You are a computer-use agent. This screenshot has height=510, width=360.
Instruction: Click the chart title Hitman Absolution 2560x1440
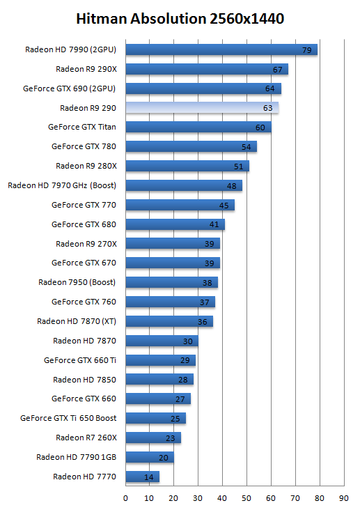pyautogui.click(x=180, y=19)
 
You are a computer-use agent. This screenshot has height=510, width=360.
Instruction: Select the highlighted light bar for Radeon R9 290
pyautogui.click(x=202, y=108)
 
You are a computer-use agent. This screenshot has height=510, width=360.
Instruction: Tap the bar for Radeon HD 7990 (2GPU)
pyautogui.click(x=221, y=49)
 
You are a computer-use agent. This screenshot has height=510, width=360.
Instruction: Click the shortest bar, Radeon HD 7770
pyautogui.click(x=143, y=477)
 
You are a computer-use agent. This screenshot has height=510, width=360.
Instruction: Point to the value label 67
pyautogui.click(x=277, y=70)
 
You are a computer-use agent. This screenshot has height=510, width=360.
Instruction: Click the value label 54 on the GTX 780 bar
pyautogui.click(x=246, y=147)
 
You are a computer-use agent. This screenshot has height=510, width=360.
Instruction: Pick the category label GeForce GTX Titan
pyautogui.click(x=82, y=127)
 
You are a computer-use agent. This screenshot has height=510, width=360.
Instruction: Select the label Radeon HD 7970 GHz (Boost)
pyautogui.click(x=62, y=185)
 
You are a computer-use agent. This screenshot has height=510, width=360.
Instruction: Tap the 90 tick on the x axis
pyautogui.click(x=344, y=498)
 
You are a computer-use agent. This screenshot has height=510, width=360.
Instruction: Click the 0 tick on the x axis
pyautogui.click(x=125, y=498)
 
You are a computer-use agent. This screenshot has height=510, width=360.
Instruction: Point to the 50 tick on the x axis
pyautogui.click(x=246, y=498)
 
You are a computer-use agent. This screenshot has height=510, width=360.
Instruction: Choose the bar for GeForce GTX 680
pyautogui.click(x=175, y=224)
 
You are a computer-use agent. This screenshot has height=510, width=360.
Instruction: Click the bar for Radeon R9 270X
pyautogui.click(x=173, y=243)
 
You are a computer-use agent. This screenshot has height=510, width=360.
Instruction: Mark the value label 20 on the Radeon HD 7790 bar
pyautogui.click(x=163, y=458)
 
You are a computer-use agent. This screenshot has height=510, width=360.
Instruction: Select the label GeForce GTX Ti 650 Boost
pyautogui.click(x=68, y=418)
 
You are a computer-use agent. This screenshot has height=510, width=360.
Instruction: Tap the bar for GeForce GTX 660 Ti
pyautogui.click(x=161, y=360)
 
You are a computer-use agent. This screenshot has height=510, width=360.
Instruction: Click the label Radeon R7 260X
pyautogui.click(x=86, y=438)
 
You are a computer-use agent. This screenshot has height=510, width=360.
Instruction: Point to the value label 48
pyautogui.click(x=232, y=186)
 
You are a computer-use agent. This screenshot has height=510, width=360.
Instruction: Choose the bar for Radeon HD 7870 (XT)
pyautogui.click(x=169, y=321)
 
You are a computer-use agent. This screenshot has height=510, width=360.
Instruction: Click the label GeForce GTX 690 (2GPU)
pyautogui.click(x=69, y=88)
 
